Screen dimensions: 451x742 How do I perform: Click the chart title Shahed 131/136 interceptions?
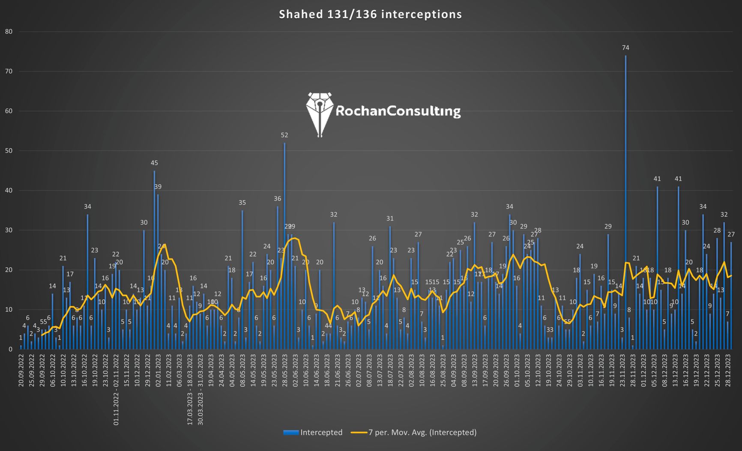coord(371,15)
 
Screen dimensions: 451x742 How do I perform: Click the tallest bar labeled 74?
coord(625,201)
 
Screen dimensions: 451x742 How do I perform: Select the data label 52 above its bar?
coord(284,135)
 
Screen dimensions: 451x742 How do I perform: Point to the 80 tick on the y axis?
coord(9,32)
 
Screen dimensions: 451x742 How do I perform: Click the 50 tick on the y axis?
coord(9,151)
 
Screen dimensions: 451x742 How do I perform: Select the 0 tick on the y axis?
coord(10,349)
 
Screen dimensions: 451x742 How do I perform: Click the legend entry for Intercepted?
coord(313,433)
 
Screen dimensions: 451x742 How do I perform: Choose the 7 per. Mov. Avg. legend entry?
coord(413,433)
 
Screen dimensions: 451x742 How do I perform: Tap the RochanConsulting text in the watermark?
coord(398,111)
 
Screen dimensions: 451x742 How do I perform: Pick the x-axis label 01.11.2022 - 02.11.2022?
coord(116,390)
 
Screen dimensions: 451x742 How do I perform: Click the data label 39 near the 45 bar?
coord(158,187)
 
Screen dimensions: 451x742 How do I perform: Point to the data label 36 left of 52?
coord(278,199)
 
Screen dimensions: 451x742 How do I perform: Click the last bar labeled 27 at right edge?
coord(731,296)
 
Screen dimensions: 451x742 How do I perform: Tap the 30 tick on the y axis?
coord(9,230)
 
